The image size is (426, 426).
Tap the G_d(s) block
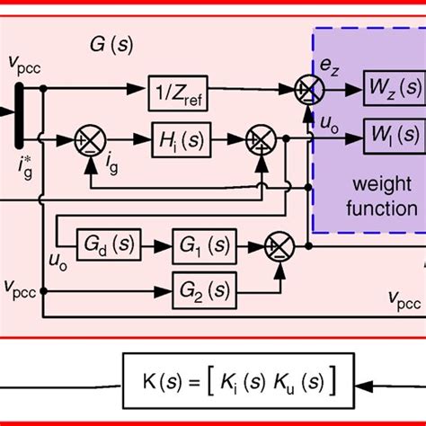click(x=106, y=244)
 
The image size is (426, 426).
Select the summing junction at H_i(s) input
click(x=92, y=139)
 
